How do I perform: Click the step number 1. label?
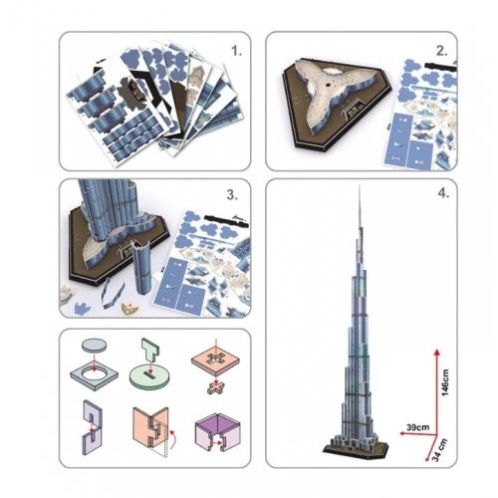click(237, 51)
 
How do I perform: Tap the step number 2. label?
click(442, 51)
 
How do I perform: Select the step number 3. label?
click(232, 195)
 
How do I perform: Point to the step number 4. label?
click(443, 193)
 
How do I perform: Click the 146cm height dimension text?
click(445, 382)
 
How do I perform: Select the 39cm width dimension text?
click(417, 427)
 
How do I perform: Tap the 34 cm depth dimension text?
click(440, 450)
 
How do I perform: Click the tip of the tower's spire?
click(360, 185)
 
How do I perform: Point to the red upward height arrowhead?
click(437, 353)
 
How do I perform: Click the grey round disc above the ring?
click(95, 345)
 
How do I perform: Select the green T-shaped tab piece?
click(150, 352)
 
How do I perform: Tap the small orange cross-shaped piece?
click(216, 387)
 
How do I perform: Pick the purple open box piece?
click(217, 432)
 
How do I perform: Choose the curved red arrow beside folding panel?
click(173, 439)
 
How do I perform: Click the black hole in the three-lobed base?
click(330, 85)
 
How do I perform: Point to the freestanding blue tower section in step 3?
click(143, 268)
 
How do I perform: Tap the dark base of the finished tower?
click(356, 446)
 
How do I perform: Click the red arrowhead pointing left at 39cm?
click(402, 433)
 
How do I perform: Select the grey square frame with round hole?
click(95, 375)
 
